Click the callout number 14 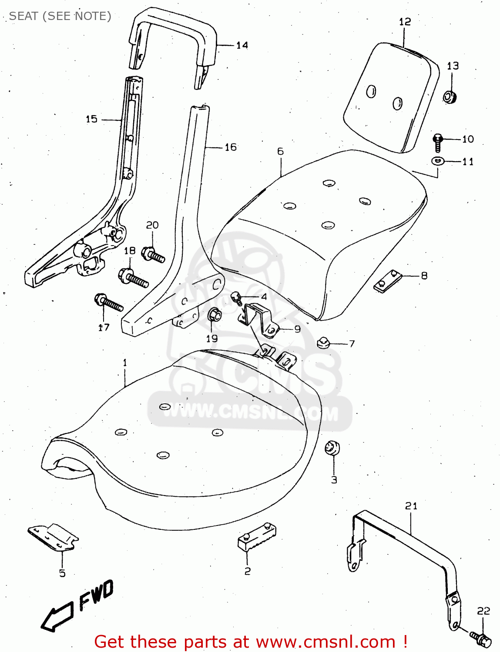[x=242, y=45]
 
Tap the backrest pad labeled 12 [x=389, y=98]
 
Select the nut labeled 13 [x=449, y=96]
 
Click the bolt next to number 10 [x=438, y=142]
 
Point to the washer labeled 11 [x=438, y=161]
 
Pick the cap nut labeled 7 [x=323, y=343]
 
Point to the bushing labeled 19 [x=214, y=315]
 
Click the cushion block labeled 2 [x=257, y=537]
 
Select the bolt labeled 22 [x=481, y=638]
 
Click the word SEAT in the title [x=23, y=16]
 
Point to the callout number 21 [x=411, y=506]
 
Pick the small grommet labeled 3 [x=332, y=448]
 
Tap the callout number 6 [x=280, y=151]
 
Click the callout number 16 [x=231, y=147]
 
